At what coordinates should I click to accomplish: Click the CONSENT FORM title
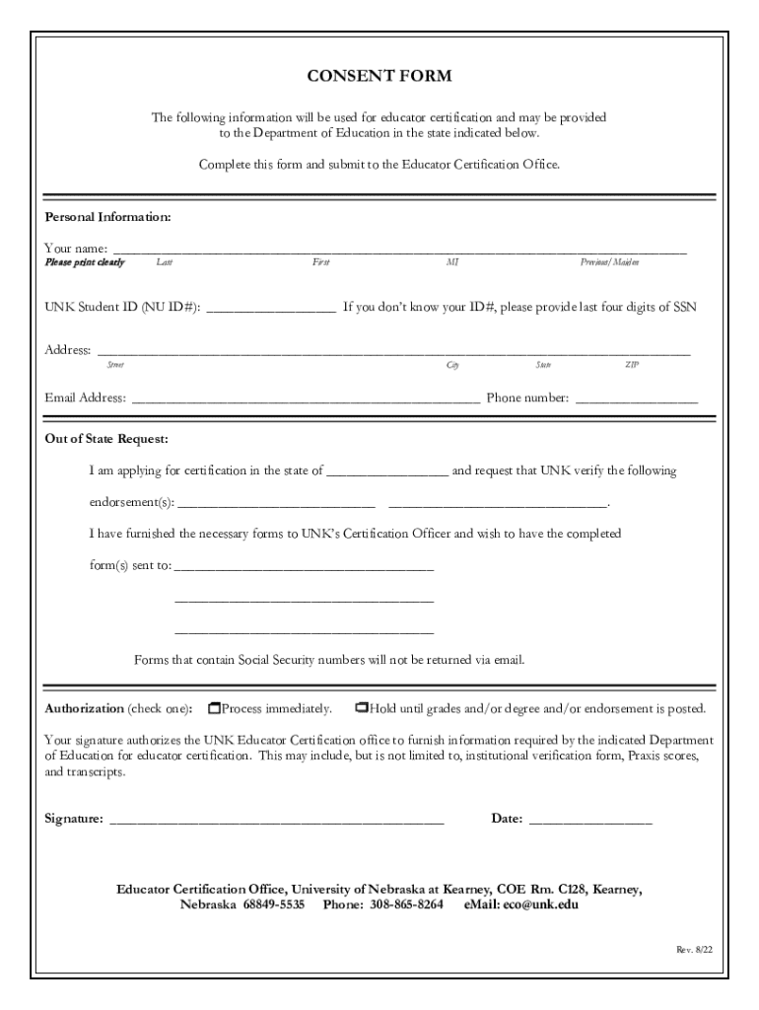379,77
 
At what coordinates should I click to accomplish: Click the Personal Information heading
107,216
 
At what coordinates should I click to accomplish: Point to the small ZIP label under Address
632,365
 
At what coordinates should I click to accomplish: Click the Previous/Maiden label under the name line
609,262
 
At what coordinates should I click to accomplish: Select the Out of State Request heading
106,438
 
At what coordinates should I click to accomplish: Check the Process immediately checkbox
214,708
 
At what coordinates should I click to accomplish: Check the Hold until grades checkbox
362,708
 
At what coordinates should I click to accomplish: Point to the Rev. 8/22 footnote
693,949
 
